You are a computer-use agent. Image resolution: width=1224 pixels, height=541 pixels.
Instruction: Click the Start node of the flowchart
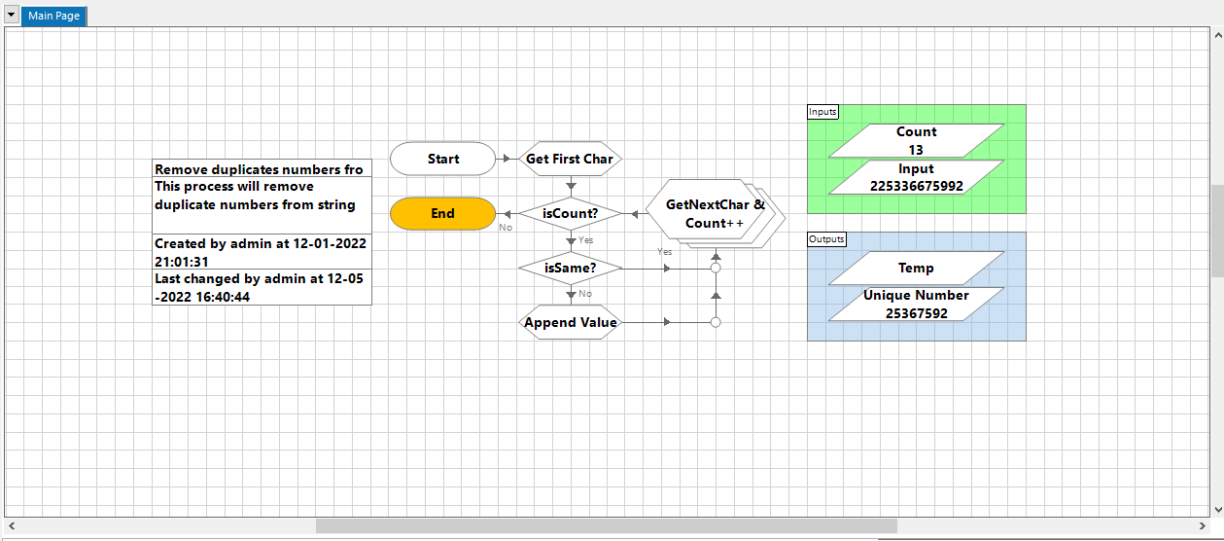point(442,159)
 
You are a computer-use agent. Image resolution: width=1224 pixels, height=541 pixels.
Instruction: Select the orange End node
point(442,213)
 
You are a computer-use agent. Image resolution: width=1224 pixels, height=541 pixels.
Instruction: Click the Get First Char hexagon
point(570,159)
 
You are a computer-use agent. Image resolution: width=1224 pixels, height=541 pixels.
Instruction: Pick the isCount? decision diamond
point(570,213)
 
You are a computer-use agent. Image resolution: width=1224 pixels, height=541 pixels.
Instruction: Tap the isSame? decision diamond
point(570,268)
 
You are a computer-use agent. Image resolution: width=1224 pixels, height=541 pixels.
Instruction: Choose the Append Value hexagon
point(570,322)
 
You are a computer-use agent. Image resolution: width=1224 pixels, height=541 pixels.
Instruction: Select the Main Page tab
point(54,16)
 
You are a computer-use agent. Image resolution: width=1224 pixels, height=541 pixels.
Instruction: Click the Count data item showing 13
point(916,140)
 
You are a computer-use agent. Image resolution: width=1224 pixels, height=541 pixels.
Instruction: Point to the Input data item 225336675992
point(916,177)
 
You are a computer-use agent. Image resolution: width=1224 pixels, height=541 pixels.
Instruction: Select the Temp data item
point(916,268)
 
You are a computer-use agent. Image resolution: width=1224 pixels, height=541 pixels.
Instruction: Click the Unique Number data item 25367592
point(916,304)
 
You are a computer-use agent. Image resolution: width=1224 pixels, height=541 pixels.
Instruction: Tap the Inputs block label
point(822,112)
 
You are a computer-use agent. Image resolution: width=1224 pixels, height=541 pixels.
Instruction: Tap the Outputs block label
point(826,239)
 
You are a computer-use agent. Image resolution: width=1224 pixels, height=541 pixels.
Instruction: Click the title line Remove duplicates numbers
point(259,169)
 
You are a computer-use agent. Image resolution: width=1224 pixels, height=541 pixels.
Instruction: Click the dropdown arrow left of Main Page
point(12,16)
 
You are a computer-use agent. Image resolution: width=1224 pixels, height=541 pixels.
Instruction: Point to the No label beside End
point(506,228)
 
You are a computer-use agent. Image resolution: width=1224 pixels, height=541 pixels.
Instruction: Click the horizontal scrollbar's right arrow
point(1204,525)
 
